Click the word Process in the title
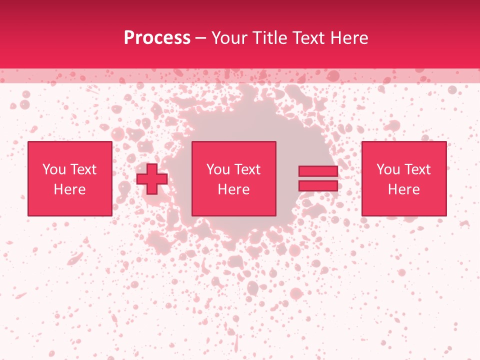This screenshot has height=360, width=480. pyautogui.click(x=157, y=38)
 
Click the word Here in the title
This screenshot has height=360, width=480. pyautogui.click(x=350, y=38)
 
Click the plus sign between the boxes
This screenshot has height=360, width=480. pyautogui.click(x=152, y=179)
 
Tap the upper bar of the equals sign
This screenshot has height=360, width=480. pyautogui.click(x=318, y=171)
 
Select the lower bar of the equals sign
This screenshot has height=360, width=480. pyautogui.click(x=318, y=186)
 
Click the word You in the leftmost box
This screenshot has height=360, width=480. pyautogui.click(x=53, y=169)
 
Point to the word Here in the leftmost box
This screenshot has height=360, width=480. pyautogui.click(x=69, y=189)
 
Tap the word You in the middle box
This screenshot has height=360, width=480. pyautogui.click(x=218, y=169)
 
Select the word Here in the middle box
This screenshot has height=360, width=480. pyautogui.click(x=233, y=189)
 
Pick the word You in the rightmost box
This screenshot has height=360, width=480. pyautogui.click(x=388, y=169)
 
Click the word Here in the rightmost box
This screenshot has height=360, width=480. pyautogui.click(x=403, y=189)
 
